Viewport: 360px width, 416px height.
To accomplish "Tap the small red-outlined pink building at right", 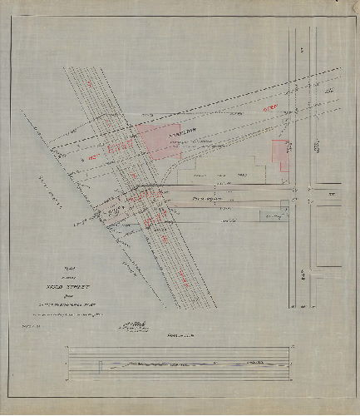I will (x=281, y=156).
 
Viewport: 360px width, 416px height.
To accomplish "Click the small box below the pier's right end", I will (x=269, y=216).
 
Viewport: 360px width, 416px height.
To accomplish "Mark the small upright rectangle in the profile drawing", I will (x=100, y=364).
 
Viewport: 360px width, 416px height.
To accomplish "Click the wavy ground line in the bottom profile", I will (x=166, y=364).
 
